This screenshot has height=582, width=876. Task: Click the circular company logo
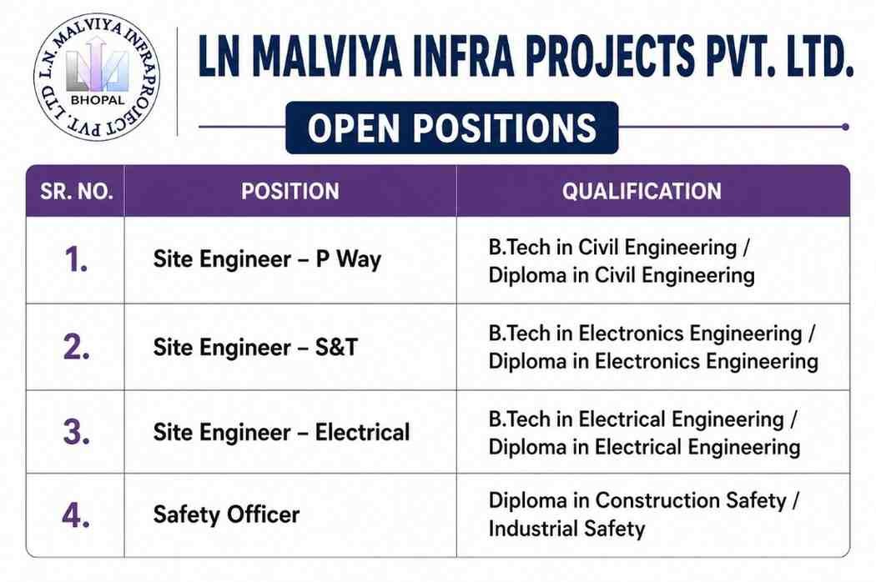tap(97, 77)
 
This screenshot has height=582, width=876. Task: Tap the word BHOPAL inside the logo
tap(98, 101)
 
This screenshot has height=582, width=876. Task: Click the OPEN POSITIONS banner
tap(452, 128)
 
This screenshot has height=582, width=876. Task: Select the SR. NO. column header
tap(77, 192)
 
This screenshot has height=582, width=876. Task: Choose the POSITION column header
tap(290, 192)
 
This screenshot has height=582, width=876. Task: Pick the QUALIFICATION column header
tap(642, 192)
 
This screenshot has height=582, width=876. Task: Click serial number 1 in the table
tap(76, 259)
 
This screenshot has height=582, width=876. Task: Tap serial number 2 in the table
tap(76, 347)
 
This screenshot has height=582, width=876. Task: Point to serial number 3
tap(76, 432)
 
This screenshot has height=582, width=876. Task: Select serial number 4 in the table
tap(76, 515)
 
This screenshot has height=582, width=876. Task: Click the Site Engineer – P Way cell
tap(267, 259)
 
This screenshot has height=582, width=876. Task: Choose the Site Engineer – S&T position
tap(255, 347)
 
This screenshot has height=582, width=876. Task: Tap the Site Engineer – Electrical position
tap(282, 432)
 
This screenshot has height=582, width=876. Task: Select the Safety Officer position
tap(226, 514)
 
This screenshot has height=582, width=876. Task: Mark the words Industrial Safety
tap(566, 529)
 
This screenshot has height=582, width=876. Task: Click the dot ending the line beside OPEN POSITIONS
tap(845, 127)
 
